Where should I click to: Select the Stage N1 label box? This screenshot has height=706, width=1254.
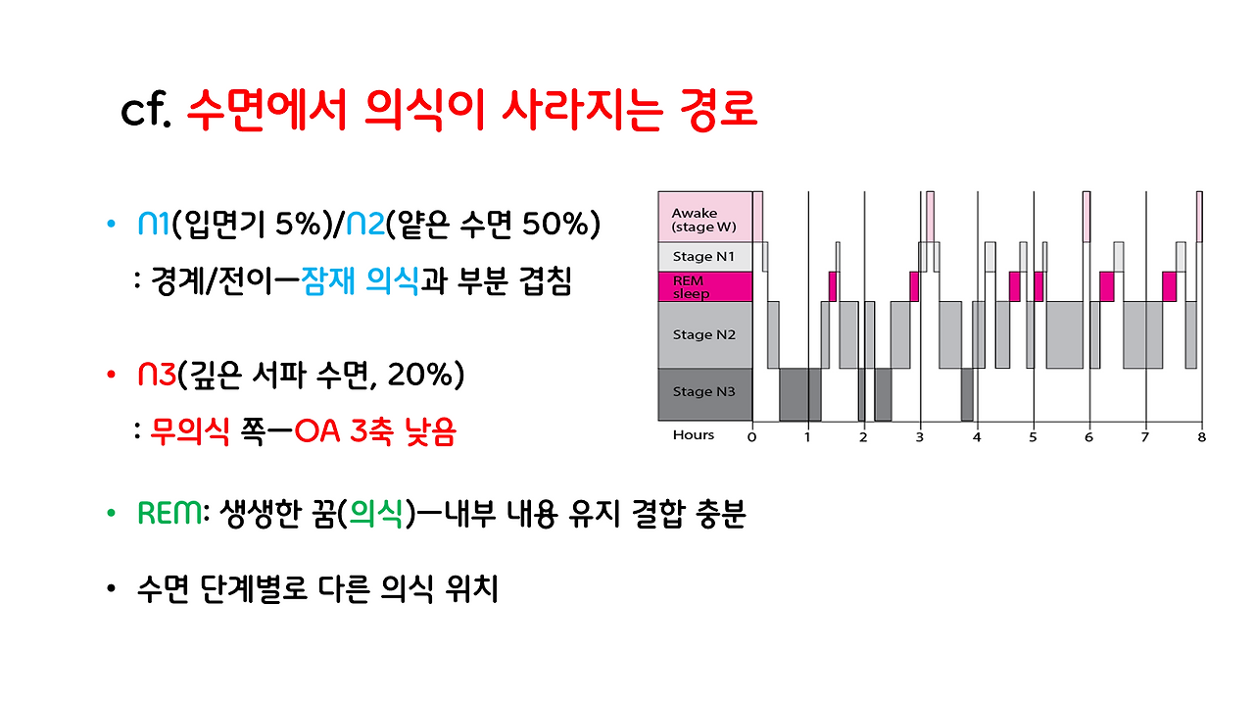click(704, 257)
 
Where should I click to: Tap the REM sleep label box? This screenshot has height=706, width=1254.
click(704, 286)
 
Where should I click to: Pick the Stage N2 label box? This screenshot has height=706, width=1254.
click(704, 334)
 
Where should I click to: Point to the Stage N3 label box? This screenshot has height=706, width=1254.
click(704, 392)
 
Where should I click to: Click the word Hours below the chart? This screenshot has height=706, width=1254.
click(694, 435)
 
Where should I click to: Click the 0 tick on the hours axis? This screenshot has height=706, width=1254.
click(751, 436)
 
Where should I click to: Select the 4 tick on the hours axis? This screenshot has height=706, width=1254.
click(977, 436)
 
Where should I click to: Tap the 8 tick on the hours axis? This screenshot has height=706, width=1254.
click(1201, 436)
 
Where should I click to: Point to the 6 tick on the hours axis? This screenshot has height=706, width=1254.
click(1088, 436)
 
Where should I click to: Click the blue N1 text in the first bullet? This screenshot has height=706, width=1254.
click(154, 224)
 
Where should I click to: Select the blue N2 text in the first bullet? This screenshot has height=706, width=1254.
click(364, 224)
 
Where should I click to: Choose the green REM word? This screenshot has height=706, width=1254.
click(169, 514)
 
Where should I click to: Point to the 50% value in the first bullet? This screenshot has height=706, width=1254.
click(545, 224)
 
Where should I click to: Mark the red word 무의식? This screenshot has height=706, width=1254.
click(189, 432)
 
